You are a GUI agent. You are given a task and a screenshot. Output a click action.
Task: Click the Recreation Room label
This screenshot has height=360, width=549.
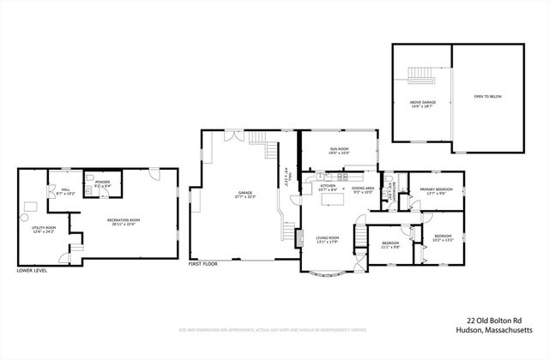point(124,222)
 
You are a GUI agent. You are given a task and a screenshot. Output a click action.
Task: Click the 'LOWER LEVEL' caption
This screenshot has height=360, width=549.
point(33,271)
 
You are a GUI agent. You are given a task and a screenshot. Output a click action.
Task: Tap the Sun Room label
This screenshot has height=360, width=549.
point(338,151)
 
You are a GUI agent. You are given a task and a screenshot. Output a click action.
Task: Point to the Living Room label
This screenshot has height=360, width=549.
point(328,239)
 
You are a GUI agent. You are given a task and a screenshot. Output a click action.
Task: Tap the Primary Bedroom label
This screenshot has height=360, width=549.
point(436,190)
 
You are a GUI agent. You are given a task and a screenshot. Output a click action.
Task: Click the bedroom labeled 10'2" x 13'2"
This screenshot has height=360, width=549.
point(443,237)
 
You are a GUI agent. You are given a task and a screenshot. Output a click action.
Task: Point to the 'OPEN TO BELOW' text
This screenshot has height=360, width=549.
point(486,97)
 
